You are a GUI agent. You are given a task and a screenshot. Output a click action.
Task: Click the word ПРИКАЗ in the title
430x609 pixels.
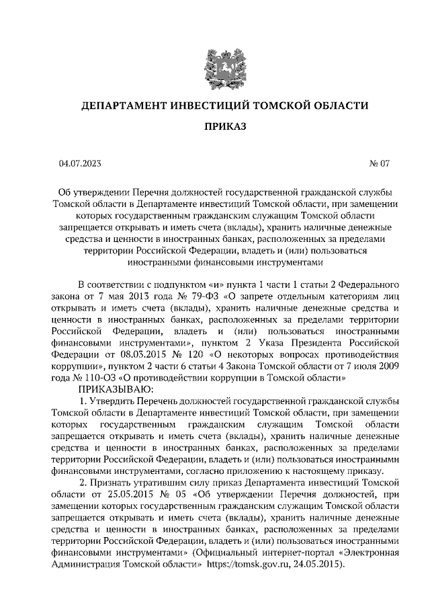(214, 126)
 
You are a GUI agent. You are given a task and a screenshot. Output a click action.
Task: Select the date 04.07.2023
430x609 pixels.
(81, 163)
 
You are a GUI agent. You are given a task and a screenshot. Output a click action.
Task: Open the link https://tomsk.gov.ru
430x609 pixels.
(255, 565)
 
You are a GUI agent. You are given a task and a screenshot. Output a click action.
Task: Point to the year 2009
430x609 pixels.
(386, 367)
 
